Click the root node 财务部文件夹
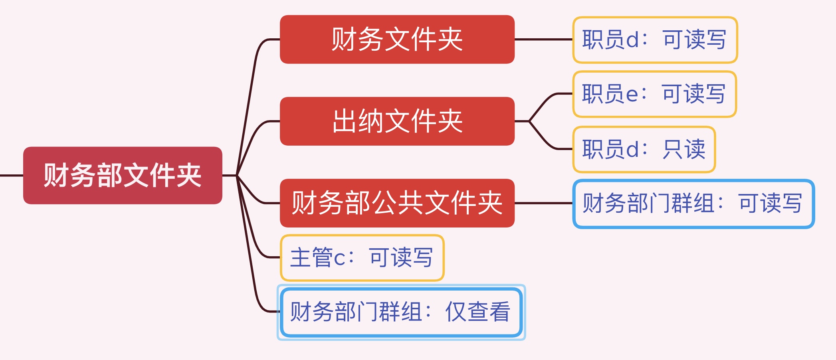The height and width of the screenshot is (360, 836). [123, 176]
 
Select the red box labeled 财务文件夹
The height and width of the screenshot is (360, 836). [397, 40]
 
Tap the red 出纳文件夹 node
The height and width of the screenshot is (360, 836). [397, 121]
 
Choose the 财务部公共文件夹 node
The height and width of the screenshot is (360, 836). [397, 203]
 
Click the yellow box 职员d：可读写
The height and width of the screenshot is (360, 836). [655, 40]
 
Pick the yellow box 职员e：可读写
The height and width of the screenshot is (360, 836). [655, 94]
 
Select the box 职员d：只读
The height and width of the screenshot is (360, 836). [644, 149]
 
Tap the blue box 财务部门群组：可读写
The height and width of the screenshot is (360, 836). [693, 204]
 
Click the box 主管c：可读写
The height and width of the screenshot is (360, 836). [362, 258]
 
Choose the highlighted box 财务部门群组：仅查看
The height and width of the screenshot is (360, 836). [401, 312]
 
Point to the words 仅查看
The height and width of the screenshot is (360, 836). [478, 312]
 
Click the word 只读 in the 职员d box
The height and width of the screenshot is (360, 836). [684, 149]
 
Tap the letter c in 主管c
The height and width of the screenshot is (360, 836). [339, 259]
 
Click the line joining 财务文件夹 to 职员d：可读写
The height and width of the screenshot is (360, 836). [544, 40]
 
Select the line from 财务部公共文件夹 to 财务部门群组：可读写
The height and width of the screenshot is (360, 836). [544, 203]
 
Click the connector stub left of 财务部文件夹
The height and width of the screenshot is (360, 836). [12, 175]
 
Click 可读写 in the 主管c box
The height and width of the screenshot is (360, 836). [401, 258]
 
